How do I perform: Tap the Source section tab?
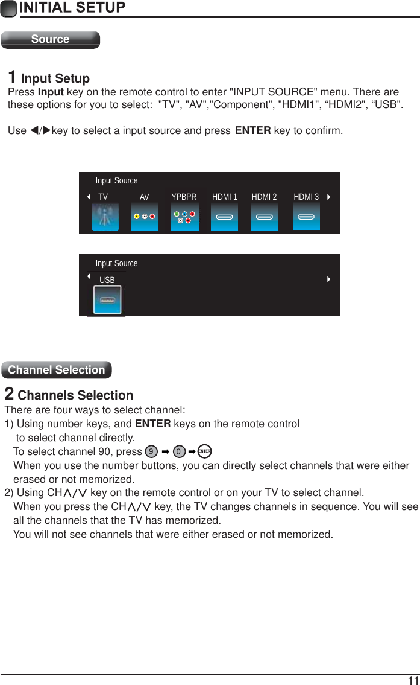(50, 39)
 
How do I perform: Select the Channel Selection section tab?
(57, 369)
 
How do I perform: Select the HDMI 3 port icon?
(306, 217)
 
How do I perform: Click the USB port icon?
(107, 300)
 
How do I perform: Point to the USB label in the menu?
(107, 280)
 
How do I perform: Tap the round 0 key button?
(179, 451)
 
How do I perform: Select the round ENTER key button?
(205, 451)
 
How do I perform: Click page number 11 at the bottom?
(413, 680)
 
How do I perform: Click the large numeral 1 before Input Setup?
(11, 77)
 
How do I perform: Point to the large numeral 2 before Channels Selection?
(10, 394)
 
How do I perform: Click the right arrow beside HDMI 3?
(328, 197)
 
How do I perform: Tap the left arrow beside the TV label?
(89, 197)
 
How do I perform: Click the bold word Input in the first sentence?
(51, 92)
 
